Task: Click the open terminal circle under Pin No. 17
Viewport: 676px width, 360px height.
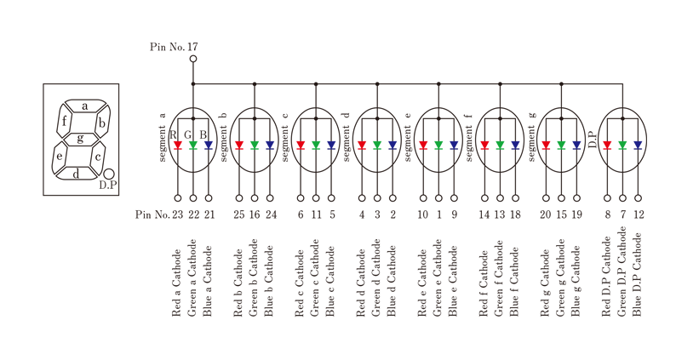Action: [x=193, y=59]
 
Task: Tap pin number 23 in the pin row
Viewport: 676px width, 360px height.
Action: [x=178, y=214]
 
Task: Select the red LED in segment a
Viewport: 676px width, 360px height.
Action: [x=178, y=146]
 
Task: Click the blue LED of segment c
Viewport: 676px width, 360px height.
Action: [x=331, y=146]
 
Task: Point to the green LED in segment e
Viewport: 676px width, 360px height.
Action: [x=438, y=146]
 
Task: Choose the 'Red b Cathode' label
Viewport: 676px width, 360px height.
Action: [x=238, y=283]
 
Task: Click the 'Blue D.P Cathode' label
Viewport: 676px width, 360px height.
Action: [x=637, y=275]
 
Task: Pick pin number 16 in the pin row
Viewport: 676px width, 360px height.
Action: [x=255, y=214]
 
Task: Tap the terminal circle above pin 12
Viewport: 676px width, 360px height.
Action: [x=638, y=198]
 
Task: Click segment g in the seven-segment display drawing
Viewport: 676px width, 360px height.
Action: [x=80, y=139]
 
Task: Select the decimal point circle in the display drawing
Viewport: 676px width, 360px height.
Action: [x=109, y=174]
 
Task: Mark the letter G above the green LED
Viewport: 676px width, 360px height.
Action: [x=188, y=135]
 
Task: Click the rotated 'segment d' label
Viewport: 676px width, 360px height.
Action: [x=347, y=137]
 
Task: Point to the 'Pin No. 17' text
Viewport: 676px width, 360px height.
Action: [x=175, y=47]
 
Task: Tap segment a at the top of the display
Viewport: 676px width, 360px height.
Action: [x=85, y=106]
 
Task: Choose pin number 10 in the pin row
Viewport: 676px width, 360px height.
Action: [x=423, y=214]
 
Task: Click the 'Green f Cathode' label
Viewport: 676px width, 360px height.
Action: [x=499, y=279]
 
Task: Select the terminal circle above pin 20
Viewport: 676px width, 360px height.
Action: [x=546, y=198]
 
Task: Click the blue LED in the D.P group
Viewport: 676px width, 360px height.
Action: [x=638, y=146]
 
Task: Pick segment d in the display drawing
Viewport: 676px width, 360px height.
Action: [x=76, y=174]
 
